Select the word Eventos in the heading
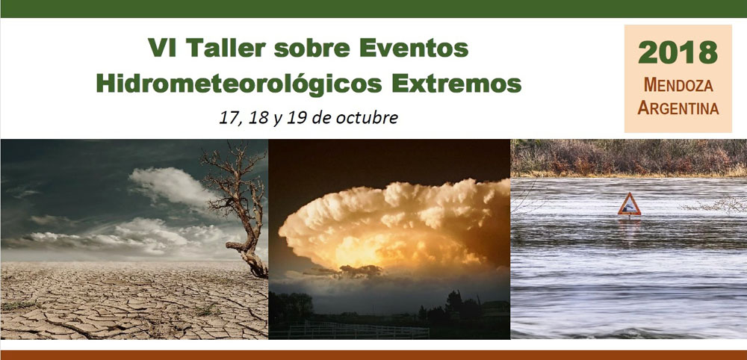tap(414, 48)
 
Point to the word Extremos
tap(456, 84)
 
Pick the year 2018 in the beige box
tap(678, 52)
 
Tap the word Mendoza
tap(678, 85)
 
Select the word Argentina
tap(678, 108)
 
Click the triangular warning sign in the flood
tap(629, 205)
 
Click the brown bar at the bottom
tap(373, 356)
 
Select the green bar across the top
tap(373, 8)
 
